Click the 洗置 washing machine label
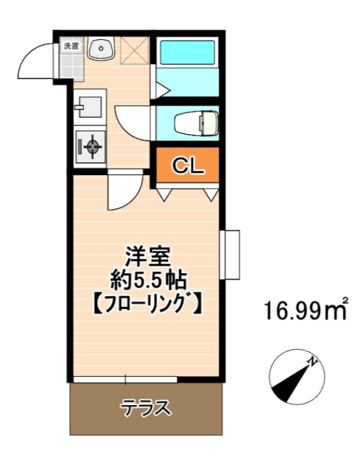71,46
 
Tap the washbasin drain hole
101,48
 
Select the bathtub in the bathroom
187,53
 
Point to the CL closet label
188,165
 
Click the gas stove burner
93,145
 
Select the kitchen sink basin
89,107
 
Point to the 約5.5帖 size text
148,281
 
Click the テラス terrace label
145,408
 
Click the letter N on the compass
312,361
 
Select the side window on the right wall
230,254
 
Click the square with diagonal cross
135,50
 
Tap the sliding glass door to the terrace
125,380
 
